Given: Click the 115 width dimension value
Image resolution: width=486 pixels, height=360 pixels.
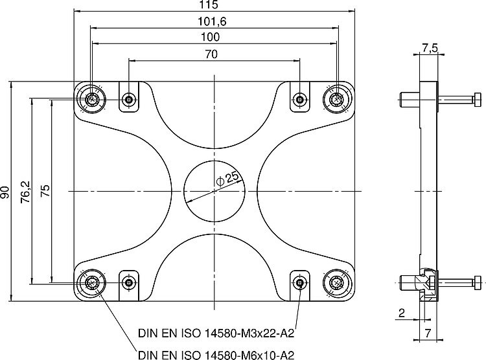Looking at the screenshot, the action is [x=208, y=5].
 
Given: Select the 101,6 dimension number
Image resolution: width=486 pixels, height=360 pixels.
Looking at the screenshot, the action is [x=212, y=21].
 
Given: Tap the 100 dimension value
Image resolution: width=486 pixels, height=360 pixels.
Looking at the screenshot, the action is [x=211, y=37].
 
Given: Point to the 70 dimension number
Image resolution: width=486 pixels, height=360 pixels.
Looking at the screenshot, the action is [x=211, y=54].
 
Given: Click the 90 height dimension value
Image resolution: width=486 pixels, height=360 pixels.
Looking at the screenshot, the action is [x=5, y=192].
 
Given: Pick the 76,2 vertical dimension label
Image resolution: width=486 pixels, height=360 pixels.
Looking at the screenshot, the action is [x=25, y=192].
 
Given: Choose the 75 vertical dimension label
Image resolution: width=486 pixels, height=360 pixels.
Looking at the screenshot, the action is [x=45, y=191].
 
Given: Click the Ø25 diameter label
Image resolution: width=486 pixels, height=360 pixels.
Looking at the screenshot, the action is [x=228, y=179].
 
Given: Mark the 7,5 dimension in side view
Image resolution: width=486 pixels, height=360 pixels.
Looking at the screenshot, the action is [x=430, y=48].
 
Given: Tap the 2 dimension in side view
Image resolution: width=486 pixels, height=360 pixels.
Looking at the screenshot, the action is [x=402, y=313].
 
